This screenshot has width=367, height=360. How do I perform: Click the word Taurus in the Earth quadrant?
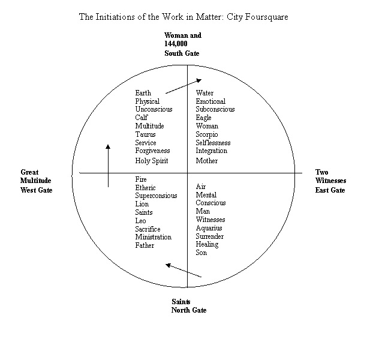tap(145, 134)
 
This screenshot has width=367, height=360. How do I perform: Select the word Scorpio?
tap(207, 134)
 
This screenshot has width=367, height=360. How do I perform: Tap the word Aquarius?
tap(209, 228)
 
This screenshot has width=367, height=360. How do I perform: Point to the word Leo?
tap(140, 221)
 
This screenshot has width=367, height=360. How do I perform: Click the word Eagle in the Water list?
tap(204, 118)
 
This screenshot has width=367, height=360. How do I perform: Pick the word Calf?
tap(142, 118)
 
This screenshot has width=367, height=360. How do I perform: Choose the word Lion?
tap(142, 204)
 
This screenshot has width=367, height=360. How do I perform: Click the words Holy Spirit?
tap(152, 161)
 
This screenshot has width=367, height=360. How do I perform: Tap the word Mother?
tap(207, 161)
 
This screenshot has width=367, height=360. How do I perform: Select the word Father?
tap(145, 245)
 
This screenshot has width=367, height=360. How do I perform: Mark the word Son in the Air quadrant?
tap(201, 253)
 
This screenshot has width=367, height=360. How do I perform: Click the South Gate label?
tap(182, 53)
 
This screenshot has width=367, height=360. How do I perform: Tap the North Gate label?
tap(189, 310)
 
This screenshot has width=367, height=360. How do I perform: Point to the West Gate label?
tap(37, 190)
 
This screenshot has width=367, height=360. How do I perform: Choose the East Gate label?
tap(330, 190)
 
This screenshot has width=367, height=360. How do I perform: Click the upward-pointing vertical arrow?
tap(108, 166)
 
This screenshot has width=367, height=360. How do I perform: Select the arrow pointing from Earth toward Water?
tap(183, 86)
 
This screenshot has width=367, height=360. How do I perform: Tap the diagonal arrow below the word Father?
tap(183, 270)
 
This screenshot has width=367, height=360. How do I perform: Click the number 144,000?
tap(176, 44)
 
